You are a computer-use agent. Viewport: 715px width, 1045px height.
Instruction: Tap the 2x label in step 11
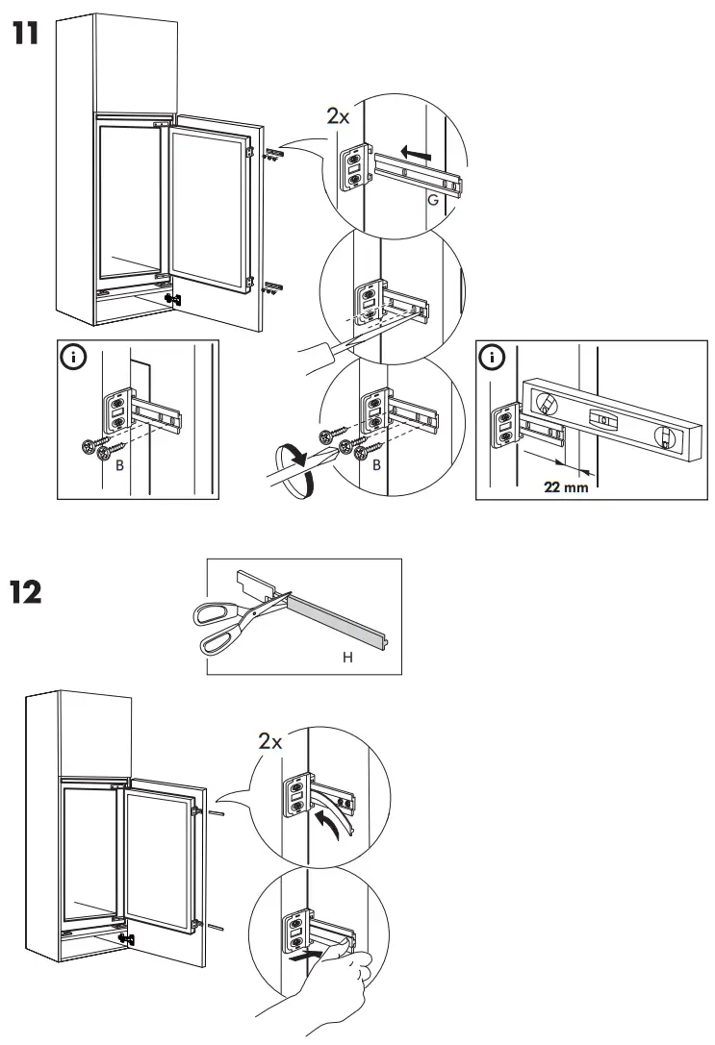(338, 117)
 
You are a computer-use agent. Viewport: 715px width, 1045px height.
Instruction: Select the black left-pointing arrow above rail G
(416, 152)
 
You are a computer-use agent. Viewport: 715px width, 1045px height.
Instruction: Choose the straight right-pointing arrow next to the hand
(300, 958)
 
